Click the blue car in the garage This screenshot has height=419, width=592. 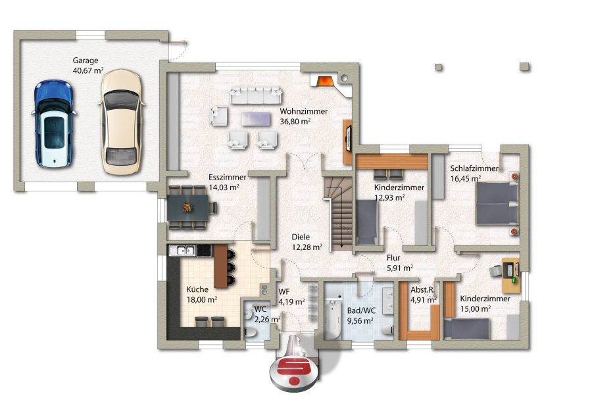(53, 124)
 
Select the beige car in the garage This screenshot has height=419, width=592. (121, 122)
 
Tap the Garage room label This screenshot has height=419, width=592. (86, 61)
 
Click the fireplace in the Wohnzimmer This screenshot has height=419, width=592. (324, 81)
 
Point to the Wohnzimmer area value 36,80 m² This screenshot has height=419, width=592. (295, 122)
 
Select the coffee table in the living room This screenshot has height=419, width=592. (256, 118)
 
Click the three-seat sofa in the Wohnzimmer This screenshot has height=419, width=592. (256, 95)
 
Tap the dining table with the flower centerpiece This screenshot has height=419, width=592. (187, 208)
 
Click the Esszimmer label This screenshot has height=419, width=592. (228, 178)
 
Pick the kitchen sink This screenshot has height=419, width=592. (182, 250)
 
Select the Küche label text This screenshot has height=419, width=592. (197, 289)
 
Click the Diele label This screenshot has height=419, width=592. (301, 237)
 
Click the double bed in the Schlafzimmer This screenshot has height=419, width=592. (497, 203)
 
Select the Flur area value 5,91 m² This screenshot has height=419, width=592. (400, 268)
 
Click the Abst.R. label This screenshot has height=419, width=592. (423, 290)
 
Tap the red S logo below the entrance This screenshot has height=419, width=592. (294, 372)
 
